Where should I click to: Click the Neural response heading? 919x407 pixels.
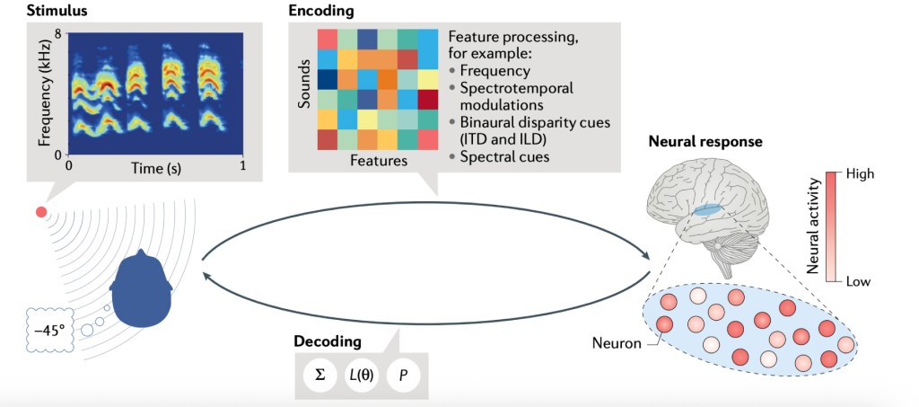[x=699, y=142]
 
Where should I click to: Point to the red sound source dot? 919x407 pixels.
[x=40, y=212]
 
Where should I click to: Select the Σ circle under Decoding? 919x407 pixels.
[x=319, y=374]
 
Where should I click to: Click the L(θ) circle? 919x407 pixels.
[x=361, y=374]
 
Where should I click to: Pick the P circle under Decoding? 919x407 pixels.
[x=403, y=374]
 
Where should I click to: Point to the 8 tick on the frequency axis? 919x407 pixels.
[x=57, y=34]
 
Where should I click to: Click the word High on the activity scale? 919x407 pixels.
[x=858, y=174]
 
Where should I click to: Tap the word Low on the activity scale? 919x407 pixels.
[x=858, y=281]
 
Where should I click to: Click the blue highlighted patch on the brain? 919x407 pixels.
[x=708, y=209]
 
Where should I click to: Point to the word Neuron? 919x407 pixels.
[x=617, y=342]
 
